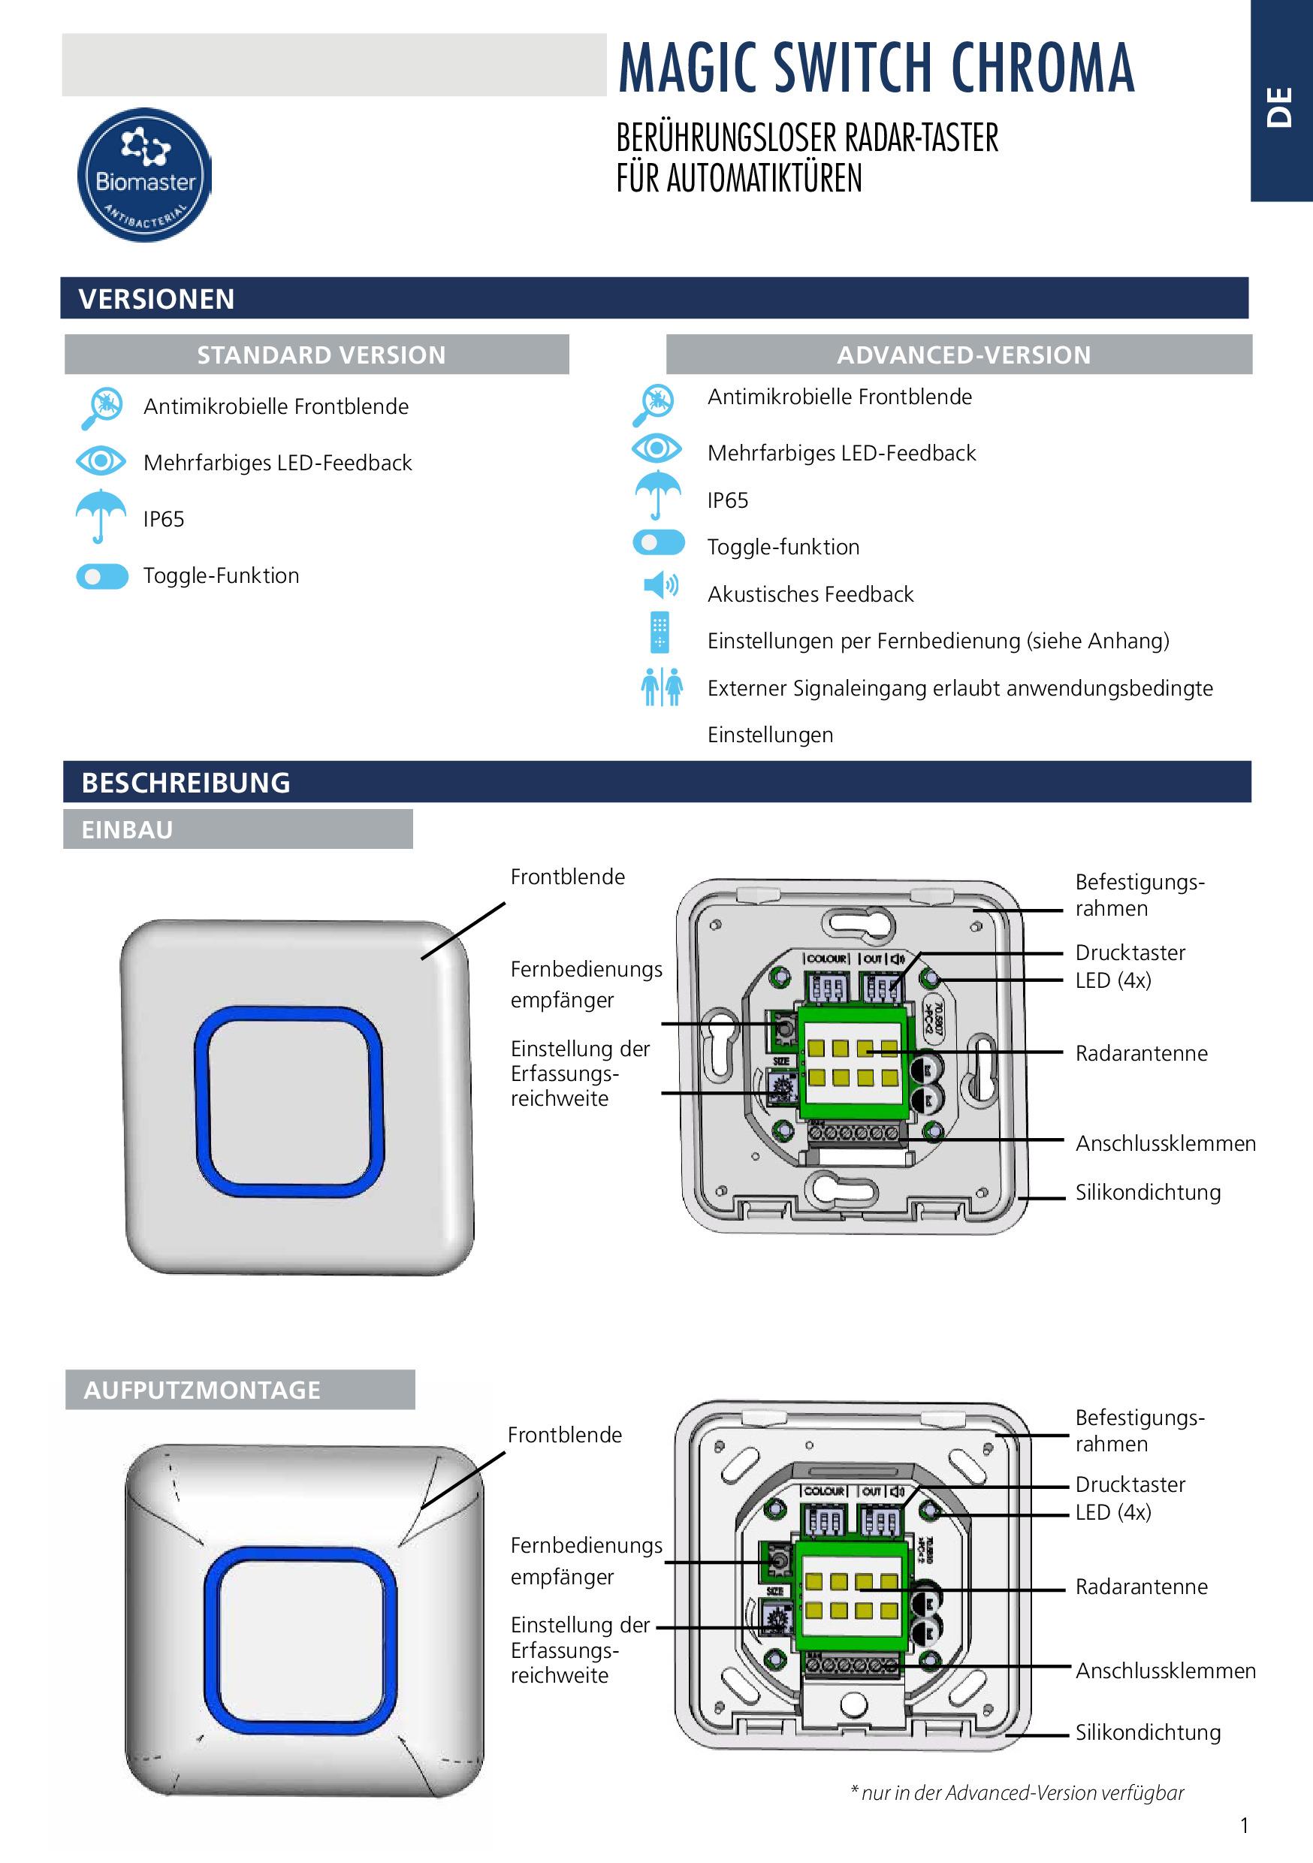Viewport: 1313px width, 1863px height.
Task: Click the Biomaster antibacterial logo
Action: [x=144, y=175]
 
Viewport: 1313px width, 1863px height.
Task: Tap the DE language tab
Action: [x=1280, y=105]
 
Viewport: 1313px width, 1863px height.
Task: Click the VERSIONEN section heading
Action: [x=157, y=298]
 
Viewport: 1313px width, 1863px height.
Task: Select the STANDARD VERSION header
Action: [x=321, y=355]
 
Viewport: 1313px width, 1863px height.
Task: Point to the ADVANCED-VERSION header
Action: [x=963, y=355]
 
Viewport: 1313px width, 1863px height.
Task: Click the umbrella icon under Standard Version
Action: [x=101, y=515]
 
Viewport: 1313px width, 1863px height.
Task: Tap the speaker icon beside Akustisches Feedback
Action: [x=660, y=585]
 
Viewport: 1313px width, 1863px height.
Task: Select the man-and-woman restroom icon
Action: [x=661, y=687]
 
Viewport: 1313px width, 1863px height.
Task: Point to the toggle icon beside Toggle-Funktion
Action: [x=102, y=576]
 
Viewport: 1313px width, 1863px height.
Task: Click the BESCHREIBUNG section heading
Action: [x=186, y=782]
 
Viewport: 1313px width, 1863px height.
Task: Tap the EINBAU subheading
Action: [x=128, y=829]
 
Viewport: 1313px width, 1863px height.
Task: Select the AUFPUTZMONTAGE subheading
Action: [x=202, y=1390]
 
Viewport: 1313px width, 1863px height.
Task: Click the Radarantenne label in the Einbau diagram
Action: [x=1141, y=1053]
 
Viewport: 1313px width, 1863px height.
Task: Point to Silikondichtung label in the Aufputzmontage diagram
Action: [x=1148, y=1732]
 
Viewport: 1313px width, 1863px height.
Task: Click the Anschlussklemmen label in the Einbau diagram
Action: [x=1165, y=1143]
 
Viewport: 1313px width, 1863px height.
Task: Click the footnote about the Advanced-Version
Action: [x=1016, y=1792]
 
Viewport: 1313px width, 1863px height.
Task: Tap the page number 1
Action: [x=1244, y=1825]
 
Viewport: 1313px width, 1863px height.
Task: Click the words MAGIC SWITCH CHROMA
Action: [x=876, y=68]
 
